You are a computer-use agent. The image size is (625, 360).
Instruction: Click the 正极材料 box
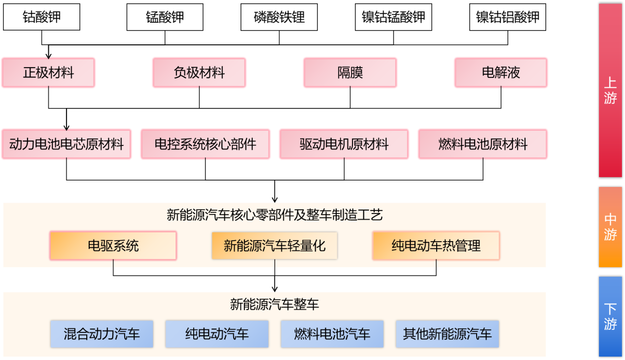coord(48,73)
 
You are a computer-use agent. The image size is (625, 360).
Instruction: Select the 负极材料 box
coord(199,73)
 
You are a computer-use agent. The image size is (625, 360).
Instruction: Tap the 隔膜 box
coord(350,73)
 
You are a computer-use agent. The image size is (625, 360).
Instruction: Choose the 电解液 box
coord(501,73)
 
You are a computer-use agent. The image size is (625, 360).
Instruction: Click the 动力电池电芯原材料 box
coord(67,144)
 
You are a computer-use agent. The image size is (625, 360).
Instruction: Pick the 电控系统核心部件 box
coord(206,144)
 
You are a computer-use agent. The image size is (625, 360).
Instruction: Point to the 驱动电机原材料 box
coord(344,144)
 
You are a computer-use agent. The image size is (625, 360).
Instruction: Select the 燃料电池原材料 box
coord(483,144)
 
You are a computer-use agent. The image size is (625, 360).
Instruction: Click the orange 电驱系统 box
coord(113,246)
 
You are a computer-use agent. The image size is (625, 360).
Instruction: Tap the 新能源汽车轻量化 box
coord(275,246)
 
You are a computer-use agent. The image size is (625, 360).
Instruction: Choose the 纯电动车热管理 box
coord(436,246)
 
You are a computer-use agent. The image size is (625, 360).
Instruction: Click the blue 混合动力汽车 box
coord(102,334)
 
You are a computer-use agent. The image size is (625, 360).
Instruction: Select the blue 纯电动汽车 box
coord(217,334)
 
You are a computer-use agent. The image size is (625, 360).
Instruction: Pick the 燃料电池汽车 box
coord(332,334)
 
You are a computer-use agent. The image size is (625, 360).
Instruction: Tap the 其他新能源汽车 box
coord(448,334)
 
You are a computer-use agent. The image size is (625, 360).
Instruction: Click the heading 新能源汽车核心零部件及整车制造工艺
coord(275,215)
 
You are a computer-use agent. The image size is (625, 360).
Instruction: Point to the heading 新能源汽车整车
coord(275,304)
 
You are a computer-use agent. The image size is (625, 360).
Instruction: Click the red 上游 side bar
coord(610,90)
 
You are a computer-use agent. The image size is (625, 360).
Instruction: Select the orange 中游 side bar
coord(610,227)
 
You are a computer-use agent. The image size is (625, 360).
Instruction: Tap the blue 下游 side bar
coord(610,316)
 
